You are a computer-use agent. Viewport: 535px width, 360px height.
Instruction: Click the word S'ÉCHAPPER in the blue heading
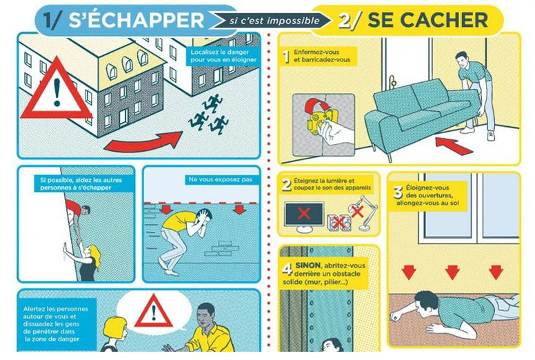(x=136, y=20)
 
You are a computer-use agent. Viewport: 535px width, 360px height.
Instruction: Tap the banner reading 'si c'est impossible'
(x=273, y=21)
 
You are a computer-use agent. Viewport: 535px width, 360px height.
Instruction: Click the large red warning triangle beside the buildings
(x=57, y=90)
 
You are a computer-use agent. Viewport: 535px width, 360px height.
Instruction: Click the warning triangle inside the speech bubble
(x=154, y=311)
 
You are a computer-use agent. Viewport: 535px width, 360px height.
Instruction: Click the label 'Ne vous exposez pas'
(x=221, y=179)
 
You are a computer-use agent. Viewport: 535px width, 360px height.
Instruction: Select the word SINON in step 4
(x=307, y=265)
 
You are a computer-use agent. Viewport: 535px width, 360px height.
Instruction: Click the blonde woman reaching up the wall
(x=85, y=259)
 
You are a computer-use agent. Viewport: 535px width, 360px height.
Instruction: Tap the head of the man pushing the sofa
(x=462, y=60)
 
